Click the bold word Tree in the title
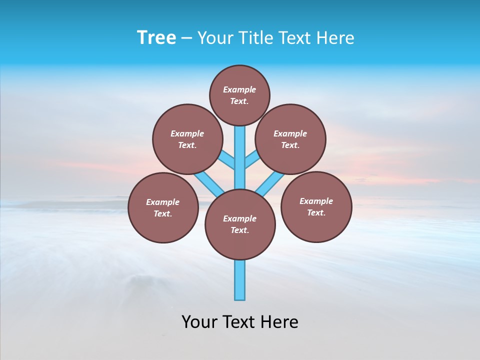[x=156, y=37]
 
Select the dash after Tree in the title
[x=186, y=38]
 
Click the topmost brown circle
[x=239, y=95]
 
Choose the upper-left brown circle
[x=187, y=139]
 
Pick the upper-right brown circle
[x=290, y=139]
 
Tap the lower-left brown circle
[x=163, y=207]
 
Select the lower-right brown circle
[x=316, y=206]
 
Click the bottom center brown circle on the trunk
[x=240, y=224]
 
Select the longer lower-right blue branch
[x=270, y=183]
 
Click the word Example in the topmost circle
[x=239, y=89]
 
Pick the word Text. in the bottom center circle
[x=239, y=230]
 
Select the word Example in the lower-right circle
[x=316, y=201]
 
